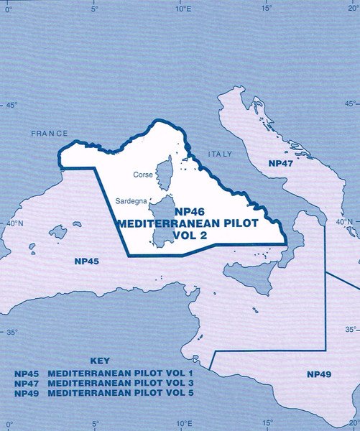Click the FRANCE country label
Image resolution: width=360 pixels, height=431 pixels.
[x=50, y=134]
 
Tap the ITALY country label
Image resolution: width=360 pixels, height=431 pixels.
[x=216, y=154]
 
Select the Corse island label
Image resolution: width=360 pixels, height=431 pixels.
[x=144, y=175]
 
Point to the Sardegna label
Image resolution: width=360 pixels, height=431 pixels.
[x=131, y=202]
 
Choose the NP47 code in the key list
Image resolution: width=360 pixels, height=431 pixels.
[x=27, y=385]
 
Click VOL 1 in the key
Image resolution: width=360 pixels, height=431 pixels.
[x=178, y=374]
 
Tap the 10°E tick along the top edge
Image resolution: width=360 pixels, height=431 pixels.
[x=182, y=9]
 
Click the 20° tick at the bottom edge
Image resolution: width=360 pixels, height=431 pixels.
[x=352, y=424]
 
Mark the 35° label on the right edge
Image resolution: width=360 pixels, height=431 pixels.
[x=350, y=329]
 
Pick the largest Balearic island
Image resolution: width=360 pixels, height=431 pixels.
[x=58, y=232]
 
